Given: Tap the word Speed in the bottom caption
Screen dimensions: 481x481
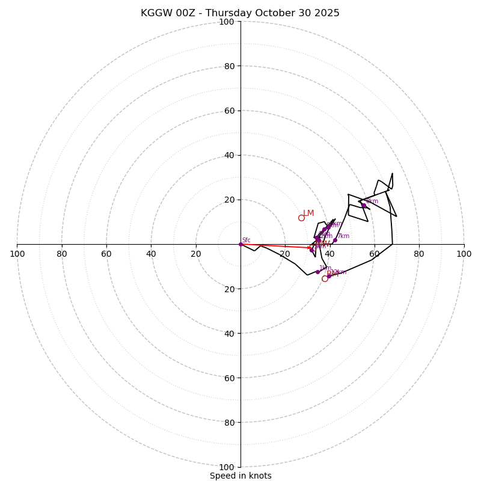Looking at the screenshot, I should coord(222,476).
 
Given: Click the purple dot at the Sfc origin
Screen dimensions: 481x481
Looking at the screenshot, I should coord(240,244).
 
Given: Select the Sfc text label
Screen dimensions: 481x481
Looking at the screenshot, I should coord(247,240).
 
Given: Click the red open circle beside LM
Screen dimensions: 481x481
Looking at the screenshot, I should coord(301,218).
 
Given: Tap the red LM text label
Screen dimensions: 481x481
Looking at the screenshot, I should coord(308,213).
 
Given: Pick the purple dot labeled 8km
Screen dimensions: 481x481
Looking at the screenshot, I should coord(364,206).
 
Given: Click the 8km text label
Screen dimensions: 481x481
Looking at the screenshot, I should coord(372,201).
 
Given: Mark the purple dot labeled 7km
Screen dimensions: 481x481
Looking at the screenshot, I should coord(335,240).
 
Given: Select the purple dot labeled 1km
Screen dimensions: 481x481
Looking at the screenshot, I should coord(317,272).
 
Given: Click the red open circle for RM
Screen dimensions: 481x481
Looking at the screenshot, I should coord(325,278).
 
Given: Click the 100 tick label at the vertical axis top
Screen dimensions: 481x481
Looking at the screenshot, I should coord(227,22).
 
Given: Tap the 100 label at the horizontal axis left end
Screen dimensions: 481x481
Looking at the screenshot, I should coord(17,254).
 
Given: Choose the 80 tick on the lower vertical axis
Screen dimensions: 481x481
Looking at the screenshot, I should coord(229,422).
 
